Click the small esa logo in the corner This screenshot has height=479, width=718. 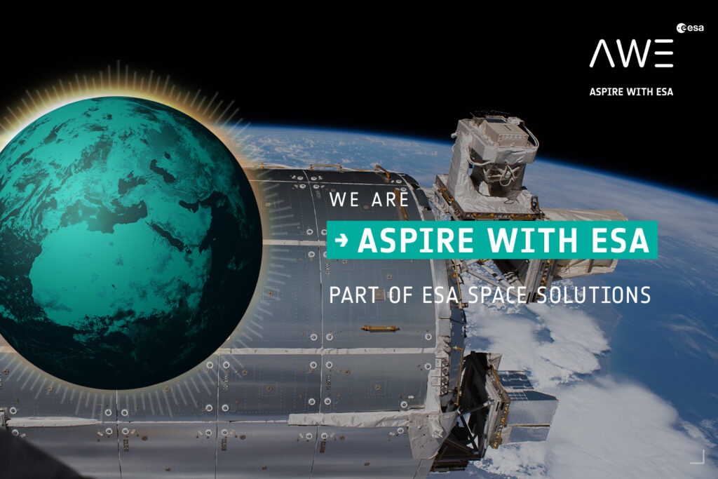pos(690,28)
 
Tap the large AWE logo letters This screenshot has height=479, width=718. pos(632,53)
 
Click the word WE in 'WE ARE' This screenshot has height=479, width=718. pos(344,199)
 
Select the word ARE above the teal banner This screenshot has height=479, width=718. pos(390,199)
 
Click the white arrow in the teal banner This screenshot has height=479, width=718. pos(341,240)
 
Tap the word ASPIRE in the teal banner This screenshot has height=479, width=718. pos(415,240)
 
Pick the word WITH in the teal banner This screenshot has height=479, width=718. pos(532,240)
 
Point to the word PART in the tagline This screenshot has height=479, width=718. pos(354,295)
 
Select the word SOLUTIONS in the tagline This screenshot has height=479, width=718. pos(594,295)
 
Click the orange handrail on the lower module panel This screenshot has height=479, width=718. pos(379,328)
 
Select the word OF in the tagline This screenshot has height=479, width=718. pos(400,295)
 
